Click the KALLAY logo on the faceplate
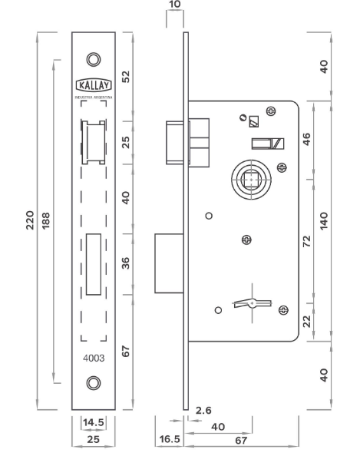(x=94, y=85)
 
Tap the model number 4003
(x=94, y=358)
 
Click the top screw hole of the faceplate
(x=94, y=59)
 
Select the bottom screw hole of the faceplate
(x=94, y=383)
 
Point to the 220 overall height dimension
(x=30, y=220)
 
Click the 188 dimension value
(x=45, y=221)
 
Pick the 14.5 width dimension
(x=94, y=422)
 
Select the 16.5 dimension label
(x=170, y=439)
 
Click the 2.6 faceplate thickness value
(x=203, y=411)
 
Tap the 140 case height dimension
(x=324, y=221)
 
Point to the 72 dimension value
(x=307, y=241)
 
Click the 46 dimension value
(x=307, y=139)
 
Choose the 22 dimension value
(x=307, y=321)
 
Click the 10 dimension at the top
(x=175, y=4)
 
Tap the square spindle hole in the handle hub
(x=251, y=180)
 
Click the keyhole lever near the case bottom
(x=253, y=303)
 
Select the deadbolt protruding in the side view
(x=169, y=263)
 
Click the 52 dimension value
(x=126, y=77)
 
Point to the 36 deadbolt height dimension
(x=126, y=263)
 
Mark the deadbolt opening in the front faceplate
(x=94, y=264)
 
